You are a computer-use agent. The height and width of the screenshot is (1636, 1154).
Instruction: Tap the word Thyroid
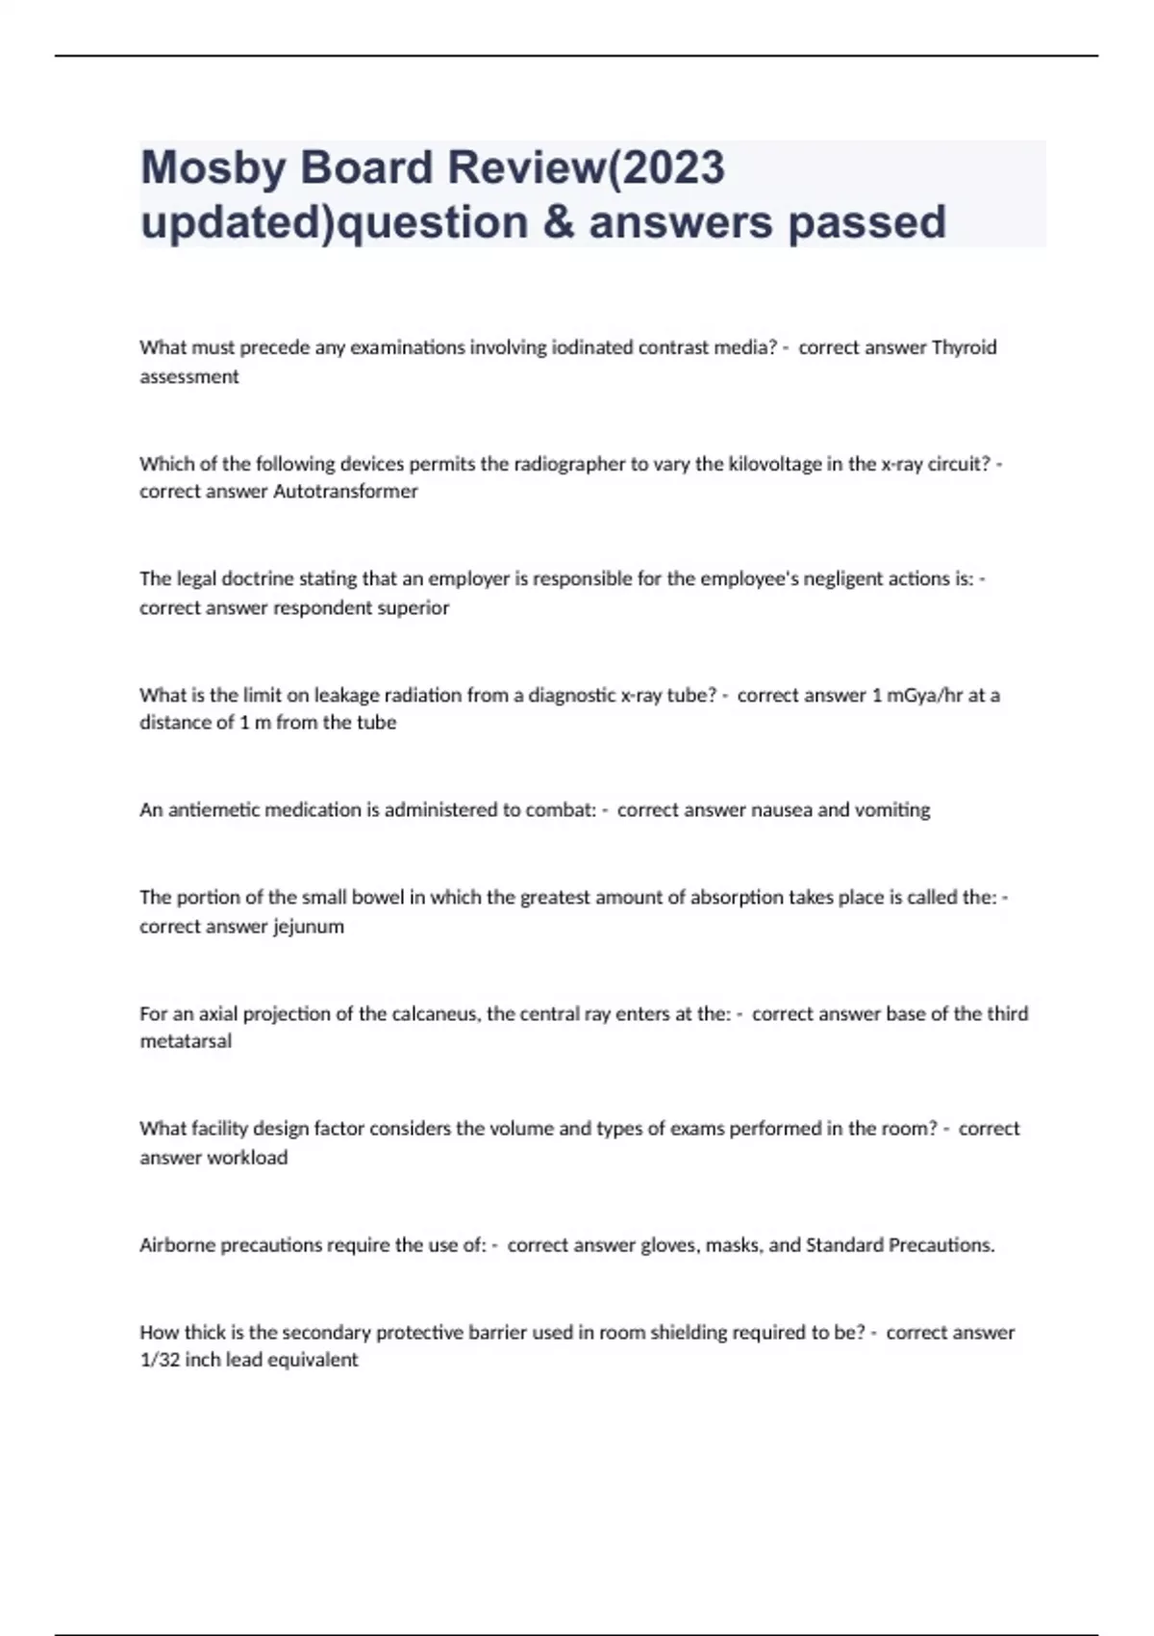(x=965, y=347)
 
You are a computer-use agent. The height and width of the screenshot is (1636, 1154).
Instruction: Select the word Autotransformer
(x=346, y=492)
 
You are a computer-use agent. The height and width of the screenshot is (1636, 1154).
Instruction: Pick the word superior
(x=414, y=608)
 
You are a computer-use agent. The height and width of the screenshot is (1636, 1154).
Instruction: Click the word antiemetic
(x=214, y=810)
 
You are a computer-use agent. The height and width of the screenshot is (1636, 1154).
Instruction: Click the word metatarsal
(x=186, y=1041)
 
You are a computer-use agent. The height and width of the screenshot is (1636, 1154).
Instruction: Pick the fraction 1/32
(x=160, y=1360)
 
